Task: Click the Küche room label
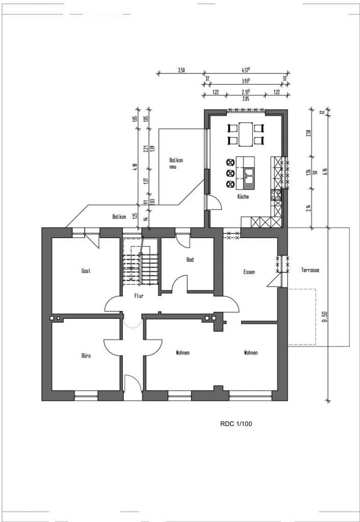coord(243,197)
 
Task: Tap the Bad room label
coord(190,260)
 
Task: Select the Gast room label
coord(86,271)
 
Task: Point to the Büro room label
coord(86,356)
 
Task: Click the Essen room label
coord(249,272)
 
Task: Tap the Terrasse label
coord(310,270)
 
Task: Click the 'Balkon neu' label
coord(176,163)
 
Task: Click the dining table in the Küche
coord(245,134)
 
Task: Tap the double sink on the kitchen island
coord(249,176)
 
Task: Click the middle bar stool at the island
coord(230,173)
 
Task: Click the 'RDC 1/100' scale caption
coord(236,423)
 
